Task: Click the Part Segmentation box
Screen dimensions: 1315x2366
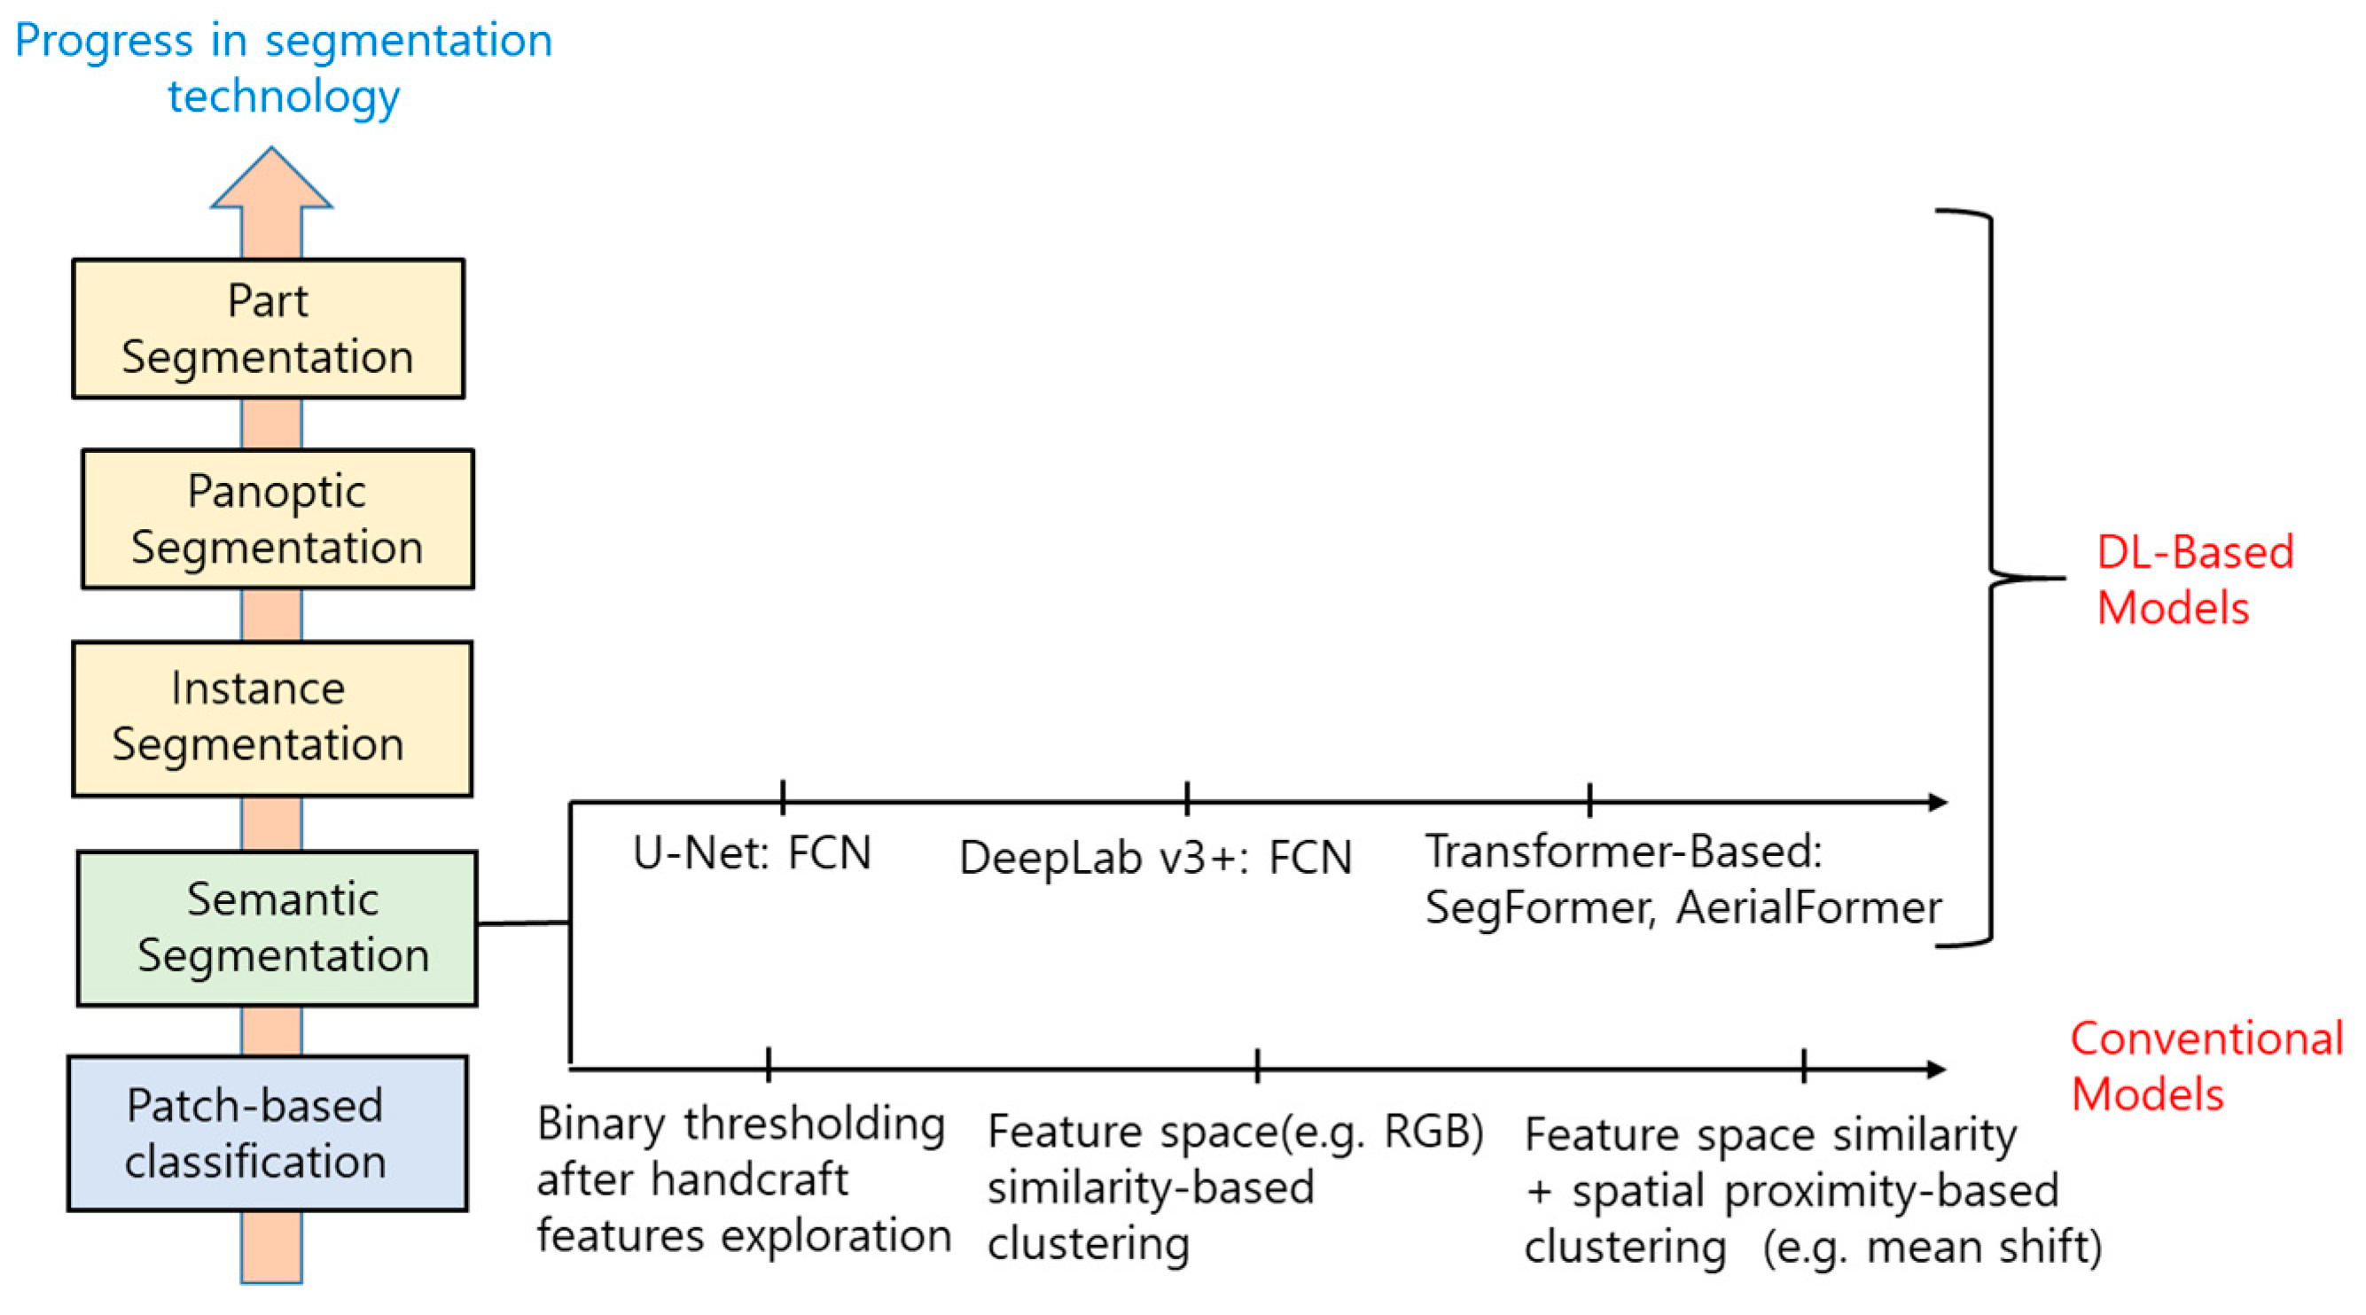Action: pyautogui.click(x=269, y=329)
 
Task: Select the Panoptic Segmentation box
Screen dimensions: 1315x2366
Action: pyautogui.click(x=277, y=519)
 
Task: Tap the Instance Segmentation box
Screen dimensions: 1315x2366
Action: pyautogui.click(x=272, y=718)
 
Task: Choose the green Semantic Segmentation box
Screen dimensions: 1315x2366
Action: pyautogui.click(x=277, y=929)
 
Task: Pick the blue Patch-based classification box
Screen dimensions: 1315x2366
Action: pyautogui.click(x=268, y=1133)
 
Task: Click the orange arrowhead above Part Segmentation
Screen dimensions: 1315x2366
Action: pyautogui.click(x=271, y=183)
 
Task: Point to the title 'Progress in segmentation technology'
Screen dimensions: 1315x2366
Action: pyautogui.click(x=284, y=68)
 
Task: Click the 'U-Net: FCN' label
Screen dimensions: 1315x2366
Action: pyautogui.click(x=752, y=853)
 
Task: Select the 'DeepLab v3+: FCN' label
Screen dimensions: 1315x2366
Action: pyautogui.click(x=1154, y=858)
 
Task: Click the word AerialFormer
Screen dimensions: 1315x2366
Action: pyautogui.click(x=1808, y=908)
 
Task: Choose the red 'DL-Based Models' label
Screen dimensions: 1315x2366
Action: pyautogui.click(x=2193, y=580)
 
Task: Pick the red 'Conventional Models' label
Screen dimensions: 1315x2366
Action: pyautogui.click(x=2205, y=1066)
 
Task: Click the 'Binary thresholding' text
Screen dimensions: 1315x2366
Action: pyautogui.click(x=740, y=1124)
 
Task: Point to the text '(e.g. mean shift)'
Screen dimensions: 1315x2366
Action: pyautogui.click(x=1932, y=1247)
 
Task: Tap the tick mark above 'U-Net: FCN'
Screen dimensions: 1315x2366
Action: pyautogui.click(x=783, y=798)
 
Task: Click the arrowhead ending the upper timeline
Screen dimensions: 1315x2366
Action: pyautogui.click(x=1936, y=803)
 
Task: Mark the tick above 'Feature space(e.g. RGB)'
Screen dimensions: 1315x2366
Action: pyautogui.click(x=1257, y=1065)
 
